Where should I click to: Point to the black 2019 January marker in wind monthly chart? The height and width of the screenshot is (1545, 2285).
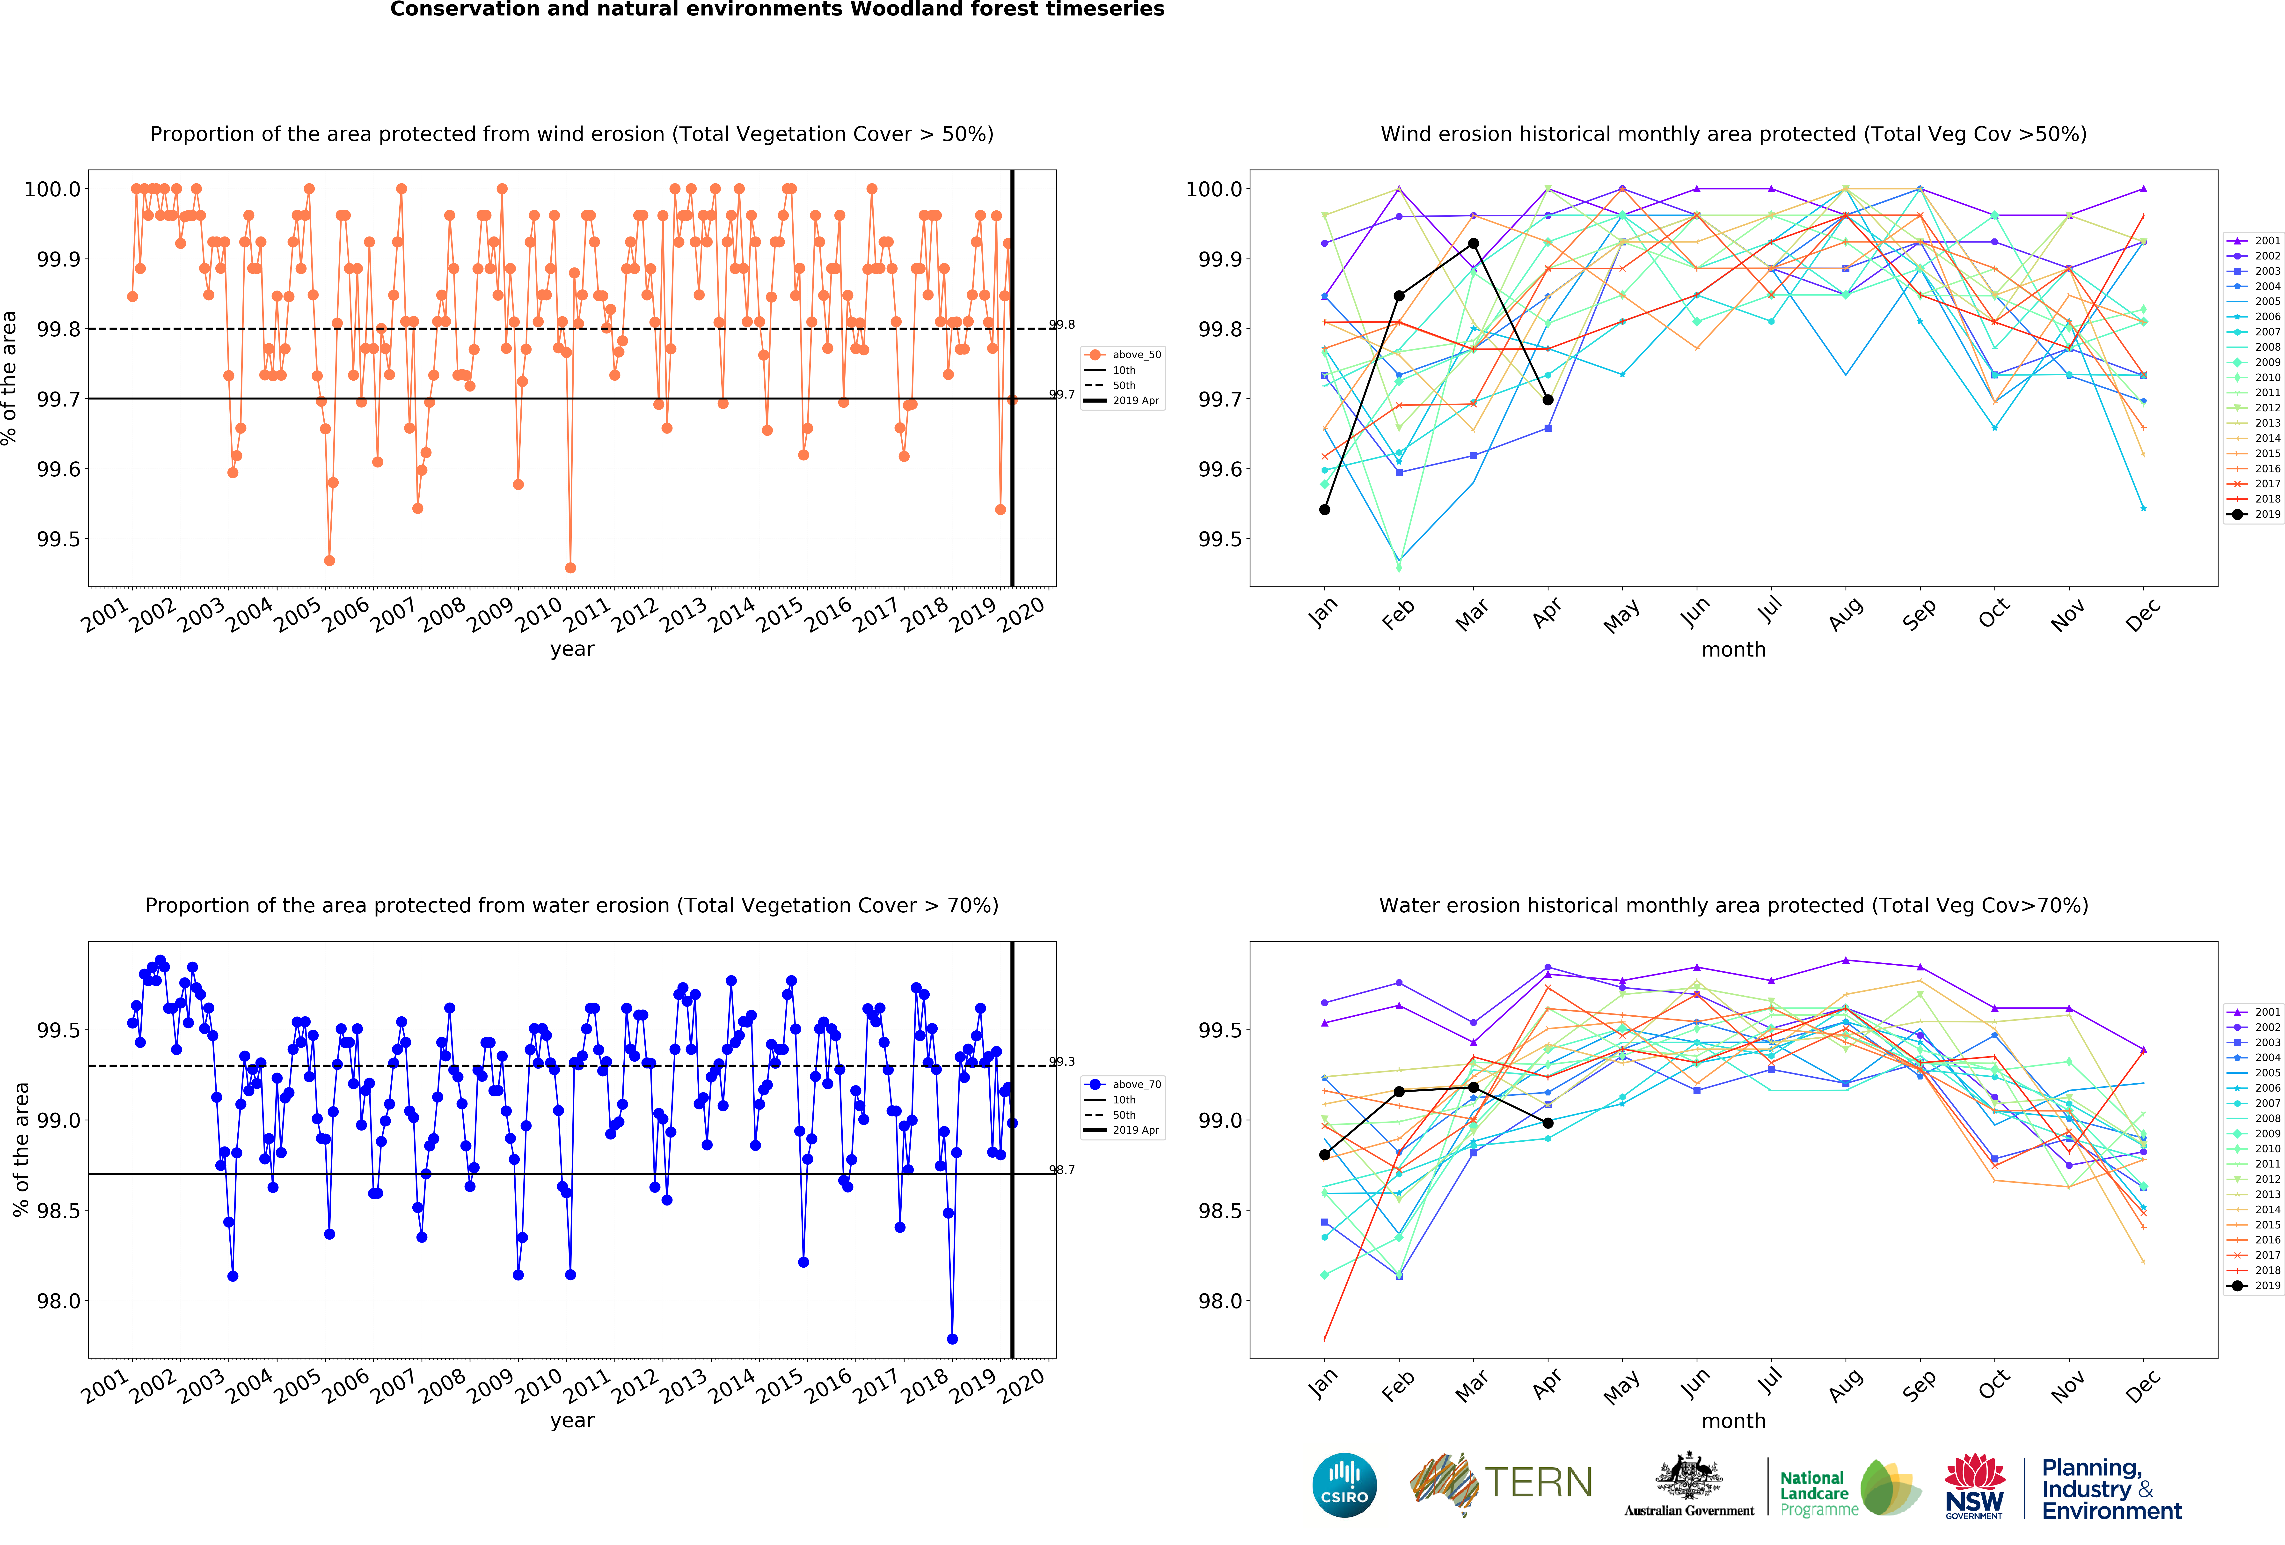[x=1324, y=510]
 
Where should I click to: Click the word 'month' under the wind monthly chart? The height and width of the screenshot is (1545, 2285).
[x=1733, y=650]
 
